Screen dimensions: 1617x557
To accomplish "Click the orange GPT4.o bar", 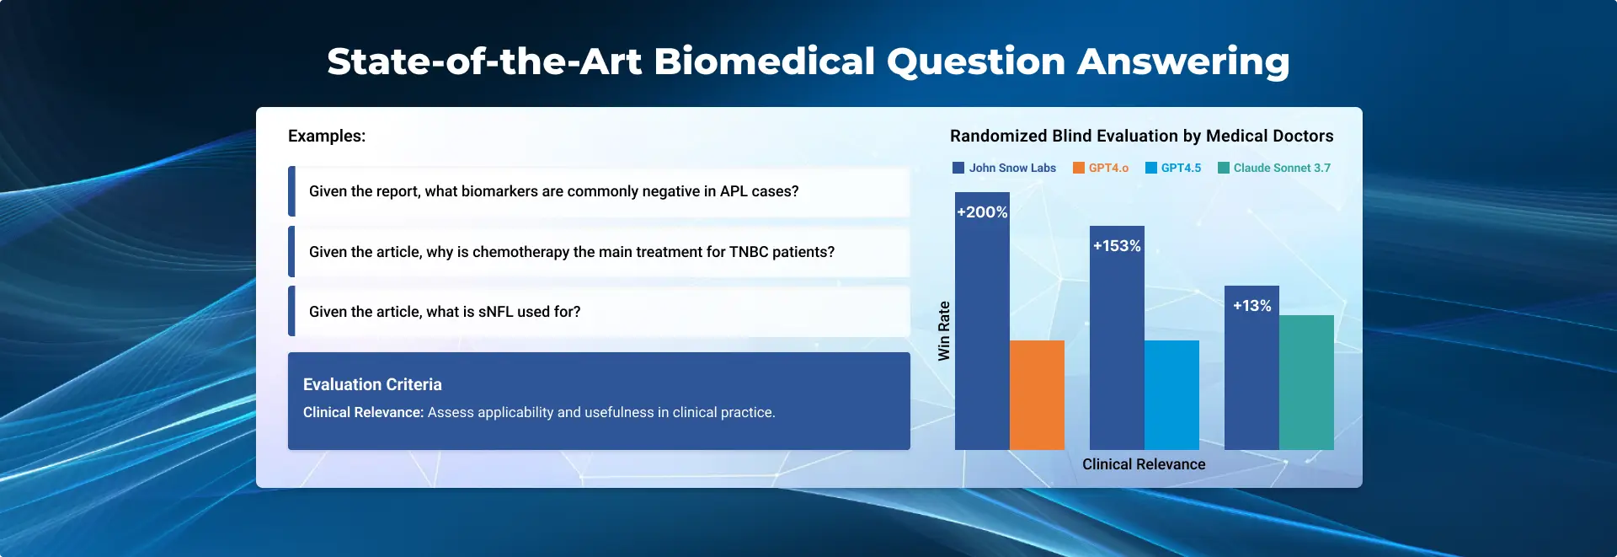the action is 1037,395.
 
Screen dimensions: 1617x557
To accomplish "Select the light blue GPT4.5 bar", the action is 1171,395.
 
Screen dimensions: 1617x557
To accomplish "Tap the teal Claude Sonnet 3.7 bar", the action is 1306,383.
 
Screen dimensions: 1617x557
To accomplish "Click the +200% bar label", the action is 982,212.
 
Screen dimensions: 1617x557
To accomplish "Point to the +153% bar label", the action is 1117,246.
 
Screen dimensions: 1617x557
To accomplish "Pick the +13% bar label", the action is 1252,306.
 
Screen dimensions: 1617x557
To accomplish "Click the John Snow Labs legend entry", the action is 1004,168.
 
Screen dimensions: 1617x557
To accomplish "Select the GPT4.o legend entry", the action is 1101,168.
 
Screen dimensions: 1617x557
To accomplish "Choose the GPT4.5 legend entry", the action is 1173,168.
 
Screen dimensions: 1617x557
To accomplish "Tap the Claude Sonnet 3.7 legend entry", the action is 1274,168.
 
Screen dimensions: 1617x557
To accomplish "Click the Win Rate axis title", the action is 944,331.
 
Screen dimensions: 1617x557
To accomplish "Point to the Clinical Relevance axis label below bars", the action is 1144,464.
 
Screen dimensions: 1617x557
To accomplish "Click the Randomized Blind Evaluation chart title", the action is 1142,136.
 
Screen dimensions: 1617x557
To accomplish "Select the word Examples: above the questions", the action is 327,136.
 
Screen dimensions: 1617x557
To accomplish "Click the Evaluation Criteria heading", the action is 372,384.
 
